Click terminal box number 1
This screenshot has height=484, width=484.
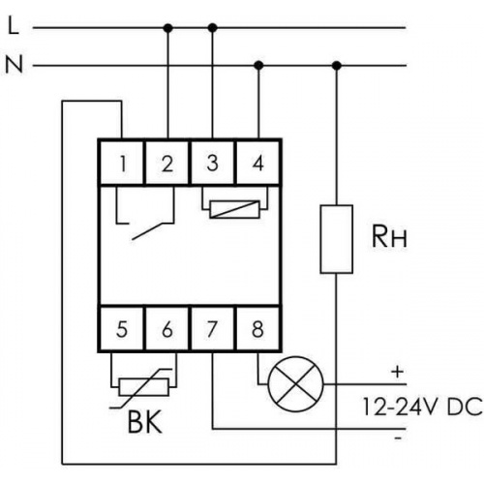pyautogui.click(x=122, y=163)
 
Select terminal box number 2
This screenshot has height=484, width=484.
pyautogui.click(x=167, y=163)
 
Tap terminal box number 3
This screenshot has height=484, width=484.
pyautogui.click(x=212, y=163)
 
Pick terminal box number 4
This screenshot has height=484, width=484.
pyautogui.click(x=257, y=163)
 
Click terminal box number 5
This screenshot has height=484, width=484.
pyautogui.click(x=122, y=328)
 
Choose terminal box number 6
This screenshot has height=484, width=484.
pyautogui.click(x=167, y=328)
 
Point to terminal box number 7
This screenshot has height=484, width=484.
pyautogui.click(x=212, y=328)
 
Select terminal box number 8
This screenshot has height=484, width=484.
pyautogui.click(x=257, y=328)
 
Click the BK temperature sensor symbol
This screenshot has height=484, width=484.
pyautogui.click(x=143, y=387)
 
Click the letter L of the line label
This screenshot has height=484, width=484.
pyautogui.click(x=14, y=26)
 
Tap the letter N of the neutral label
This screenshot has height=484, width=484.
pyautogui.click(x=15, y=65)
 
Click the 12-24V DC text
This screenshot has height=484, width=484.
pyautogui.click(x=422, y=407)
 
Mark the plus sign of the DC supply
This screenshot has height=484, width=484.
pyautogui.click(x=398, y=372)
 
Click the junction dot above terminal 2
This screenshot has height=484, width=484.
pyautogui.click(x=167, y=28)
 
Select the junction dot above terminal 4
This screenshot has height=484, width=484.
pyautogui.click(x=258, y=66)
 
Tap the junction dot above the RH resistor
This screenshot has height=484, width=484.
pyautogui.click(x=337, y=66)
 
